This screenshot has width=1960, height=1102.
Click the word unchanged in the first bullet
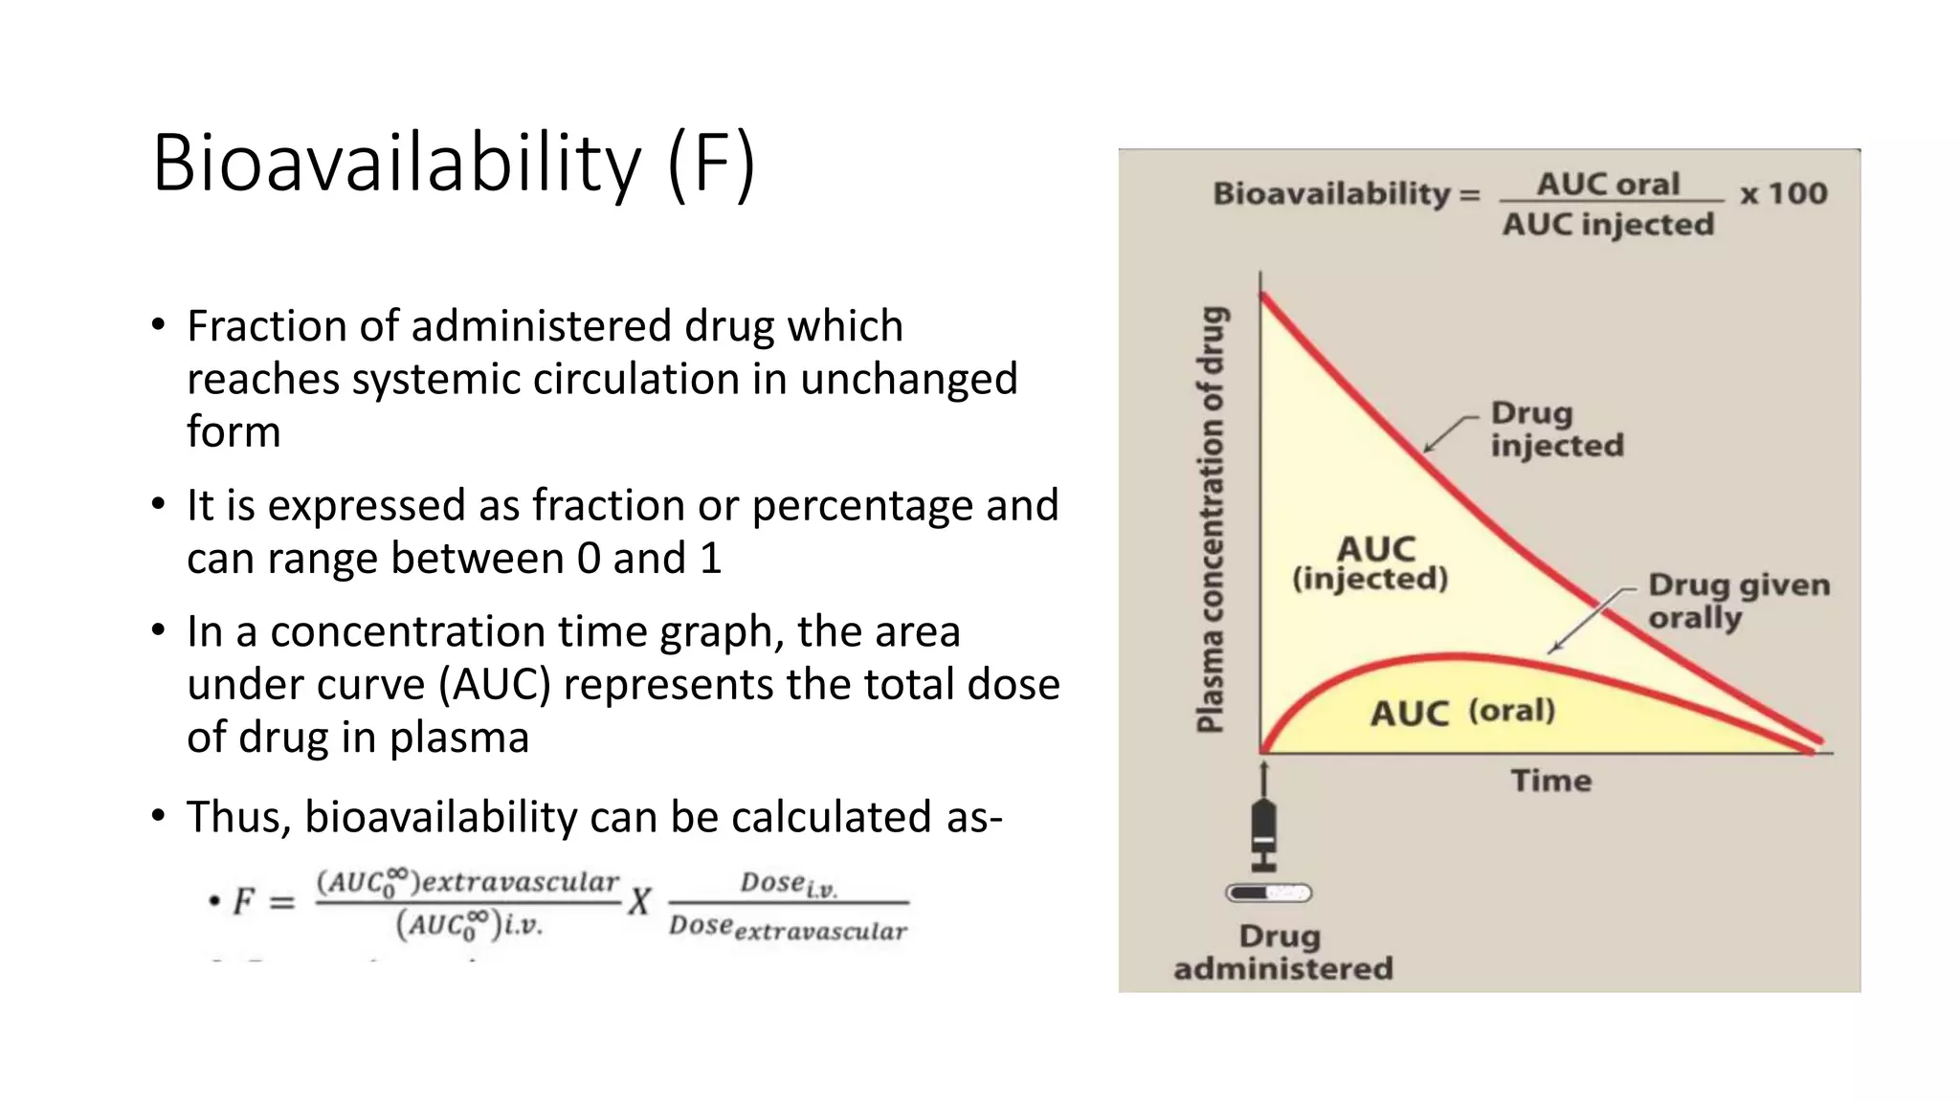(x=908, y=379)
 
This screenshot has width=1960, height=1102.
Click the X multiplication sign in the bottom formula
(x=639, y=901)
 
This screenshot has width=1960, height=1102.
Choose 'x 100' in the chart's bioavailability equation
(x=1783, y=193)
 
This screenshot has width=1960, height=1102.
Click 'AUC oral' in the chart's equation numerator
(x=1608, y=184)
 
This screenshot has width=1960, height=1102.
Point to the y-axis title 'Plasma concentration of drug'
(x=1211, y=519)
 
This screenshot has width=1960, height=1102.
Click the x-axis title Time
(x=1551, y=781)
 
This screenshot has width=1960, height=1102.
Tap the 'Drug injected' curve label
(x=1556, y=430)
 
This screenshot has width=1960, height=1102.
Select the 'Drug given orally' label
(x=1738, y=601)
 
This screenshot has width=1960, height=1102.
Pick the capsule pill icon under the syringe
(x=1268, y=893)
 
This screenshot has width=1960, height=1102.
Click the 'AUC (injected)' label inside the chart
(x=1371, y=563)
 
